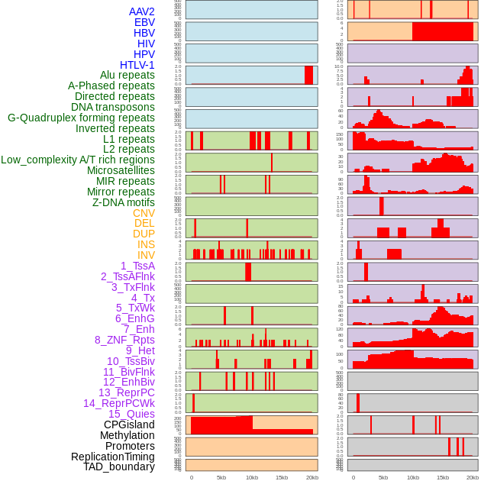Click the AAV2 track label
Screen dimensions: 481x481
142,11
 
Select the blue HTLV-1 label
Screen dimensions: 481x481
137,65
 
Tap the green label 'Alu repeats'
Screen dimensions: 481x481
128,76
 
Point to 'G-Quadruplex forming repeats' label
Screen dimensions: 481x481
81,118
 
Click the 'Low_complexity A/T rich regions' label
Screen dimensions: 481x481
78,160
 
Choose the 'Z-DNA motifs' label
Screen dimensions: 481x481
124,202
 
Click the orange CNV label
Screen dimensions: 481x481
144,213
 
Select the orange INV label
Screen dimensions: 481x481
146,255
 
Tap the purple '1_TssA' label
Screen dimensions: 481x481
137,266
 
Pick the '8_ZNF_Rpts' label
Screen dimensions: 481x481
124,340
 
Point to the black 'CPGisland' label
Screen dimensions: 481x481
129,425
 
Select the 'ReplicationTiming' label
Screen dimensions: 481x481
112,457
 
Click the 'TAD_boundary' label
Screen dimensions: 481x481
119,466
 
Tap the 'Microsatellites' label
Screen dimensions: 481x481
121,170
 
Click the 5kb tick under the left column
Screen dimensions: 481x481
221,478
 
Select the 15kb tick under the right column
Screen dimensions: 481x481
443,478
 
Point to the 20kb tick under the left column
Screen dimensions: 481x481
312,478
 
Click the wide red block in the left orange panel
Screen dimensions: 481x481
221,424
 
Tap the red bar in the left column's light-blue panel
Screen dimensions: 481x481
308,75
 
